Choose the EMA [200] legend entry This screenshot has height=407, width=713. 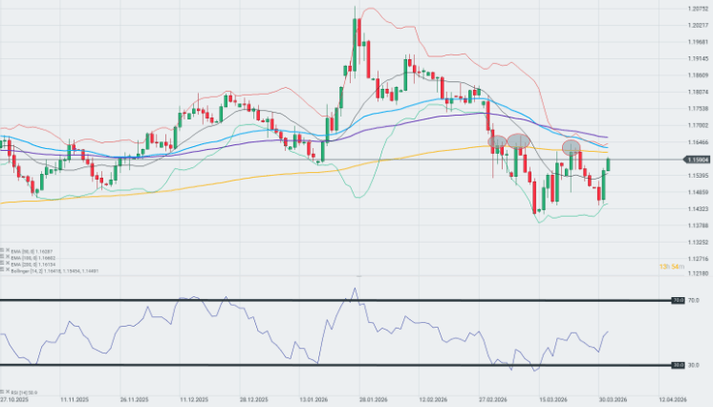point(24,265)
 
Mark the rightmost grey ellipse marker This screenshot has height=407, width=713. point(572,146)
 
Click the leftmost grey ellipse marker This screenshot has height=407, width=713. point(497,141)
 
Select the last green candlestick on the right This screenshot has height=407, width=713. point(609,166)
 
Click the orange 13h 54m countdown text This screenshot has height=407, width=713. point(672,266)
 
